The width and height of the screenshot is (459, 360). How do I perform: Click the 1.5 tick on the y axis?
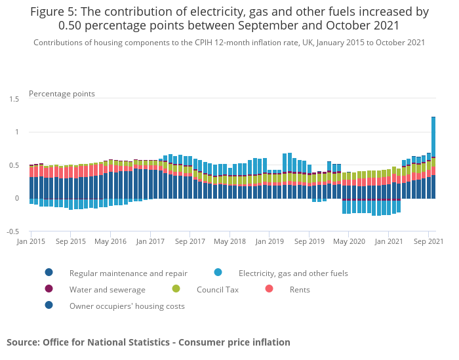14,99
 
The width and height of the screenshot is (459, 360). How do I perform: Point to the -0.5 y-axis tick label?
13,231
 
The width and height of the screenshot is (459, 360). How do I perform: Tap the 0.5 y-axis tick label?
14,165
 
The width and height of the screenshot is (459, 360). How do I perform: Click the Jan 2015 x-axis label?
31,242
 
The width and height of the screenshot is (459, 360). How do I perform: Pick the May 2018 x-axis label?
229,242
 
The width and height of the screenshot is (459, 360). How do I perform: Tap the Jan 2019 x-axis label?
269,242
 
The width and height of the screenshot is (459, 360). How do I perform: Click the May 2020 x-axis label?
348,242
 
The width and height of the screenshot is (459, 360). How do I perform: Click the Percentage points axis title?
62,94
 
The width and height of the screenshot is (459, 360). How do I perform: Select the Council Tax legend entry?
217,289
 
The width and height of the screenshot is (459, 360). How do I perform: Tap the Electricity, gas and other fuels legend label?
293,273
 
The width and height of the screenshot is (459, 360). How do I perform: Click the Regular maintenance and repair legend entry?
129,273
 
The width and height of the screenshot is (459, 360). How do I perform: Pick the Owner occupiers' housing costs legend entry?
127,306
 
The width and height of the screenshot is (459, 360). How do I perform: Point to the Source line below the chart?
148,342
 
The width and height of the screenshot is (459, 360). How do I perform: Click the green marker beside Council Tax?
176,289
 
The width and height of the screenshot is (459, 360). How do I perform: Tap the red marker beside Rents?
269,289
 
